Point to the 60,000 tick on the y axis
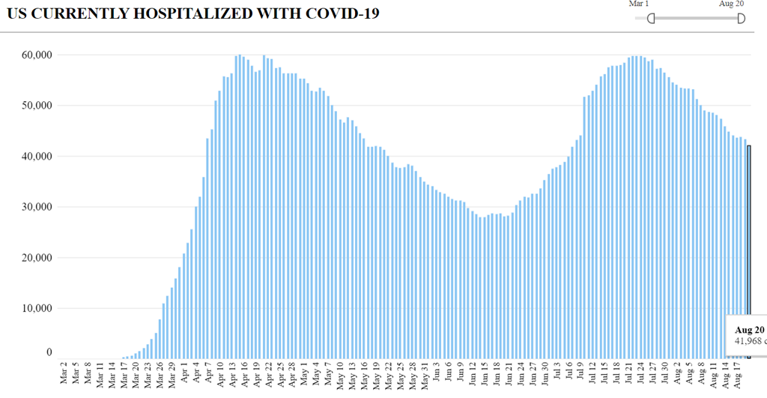coord(36,55)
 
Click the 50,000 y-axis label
coord(36,106)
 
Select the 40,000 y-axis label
coord(36,156)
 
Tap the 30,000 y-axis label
coord(36,207)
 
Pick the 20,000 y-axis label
coord(36,258)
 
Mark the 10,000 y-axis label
coord(36,308)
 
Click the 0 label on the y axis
coord(49,353)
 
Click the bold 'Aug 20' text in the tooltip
coord(749,330)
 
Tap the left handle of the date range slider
coord(650,18)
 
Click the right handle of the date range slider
coord(741,18)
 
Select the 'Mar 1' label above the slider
coord(639,4)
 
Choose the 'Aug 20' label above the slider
coord(731,4)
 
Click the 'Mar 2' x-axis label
coord(64,375)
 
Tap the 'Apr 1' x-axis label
coord(185,375)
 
